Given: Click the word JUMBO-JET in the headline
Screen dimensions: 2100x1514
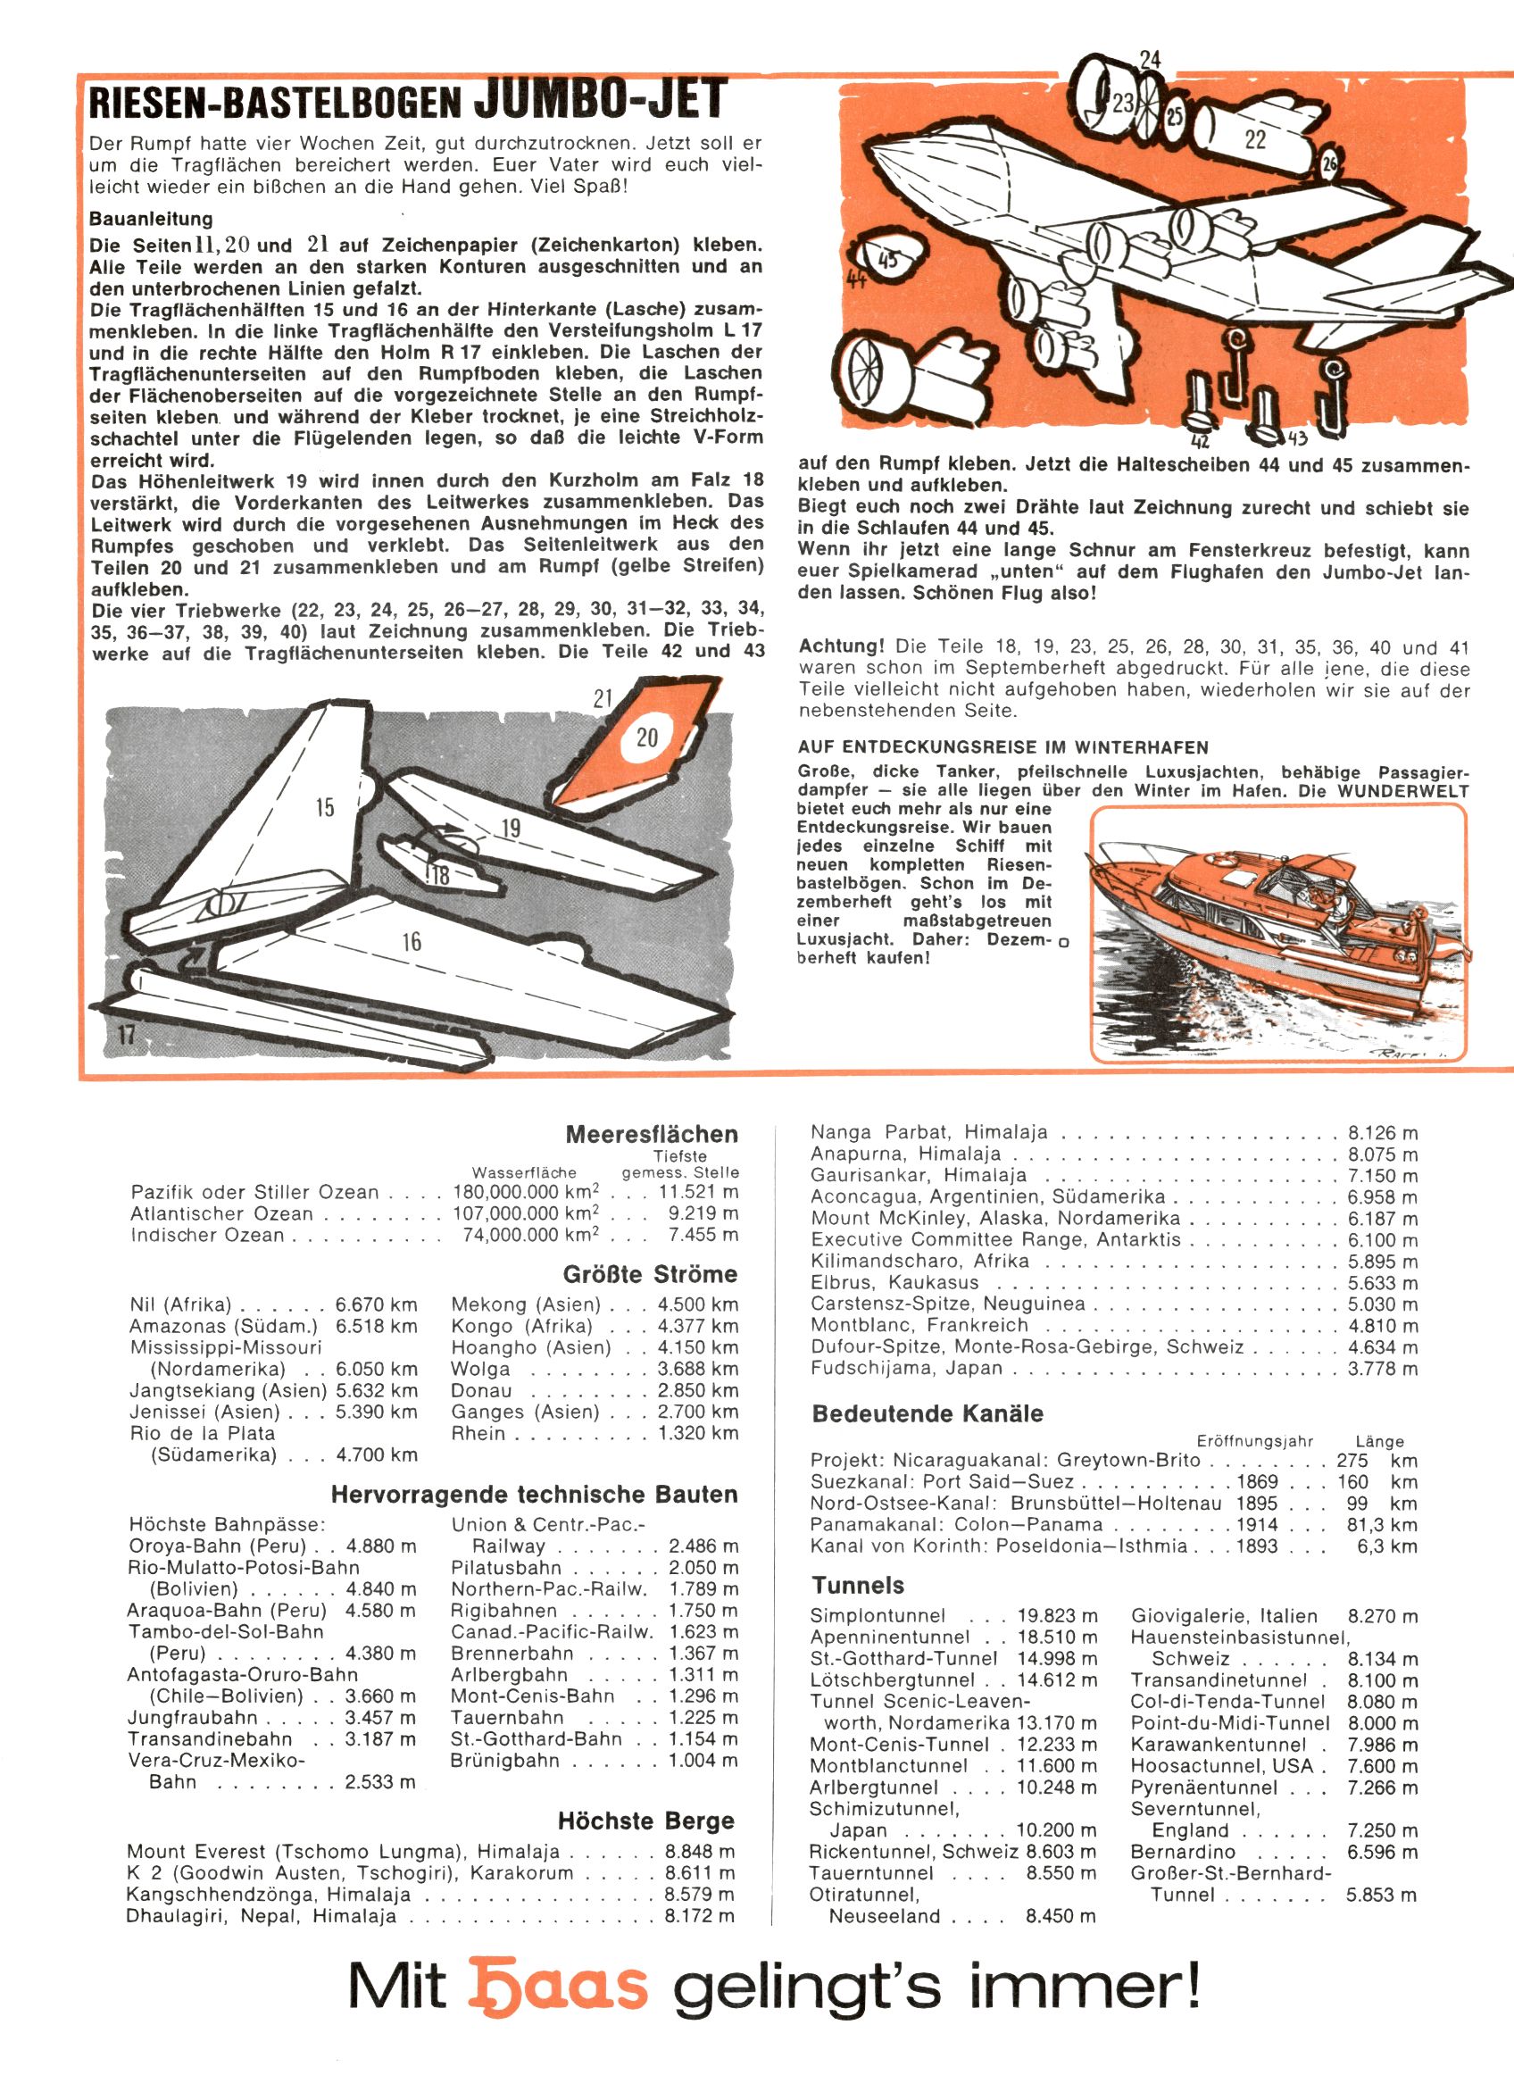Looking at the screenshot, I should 599,101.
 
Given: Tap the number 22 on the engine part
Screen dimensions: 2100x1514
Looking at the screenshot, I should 1255,140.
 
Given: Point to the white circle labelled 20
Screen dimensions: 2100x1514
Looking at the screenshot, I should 646,737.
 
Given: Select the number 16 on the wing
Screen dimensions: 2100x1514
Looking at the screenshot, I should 412,942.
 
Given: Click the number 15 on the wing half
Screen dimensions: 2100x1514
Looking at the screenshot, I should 324,807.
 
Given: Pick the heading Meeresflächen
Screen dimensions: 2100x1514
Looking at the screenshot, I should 652,1134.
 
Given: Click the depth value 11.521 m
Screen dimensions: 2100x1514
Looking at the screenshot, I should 698,1193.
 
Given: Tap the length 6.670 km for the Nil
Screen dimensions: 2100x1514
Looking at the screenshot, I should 376,1304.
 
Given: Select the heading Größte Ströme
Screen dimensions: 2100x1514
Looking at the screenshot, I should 650,1274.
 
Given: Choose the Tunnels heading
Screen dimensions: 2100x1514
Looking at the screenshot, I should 858,1585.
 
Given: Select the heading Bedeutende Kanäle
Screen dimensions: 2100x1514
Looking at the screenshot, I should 927,1414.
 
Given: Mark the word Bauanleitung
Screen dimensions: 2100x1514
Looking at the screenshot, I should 151,220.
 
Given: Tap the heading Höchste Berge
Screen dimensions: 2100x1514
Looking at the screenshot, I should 645,1821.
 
